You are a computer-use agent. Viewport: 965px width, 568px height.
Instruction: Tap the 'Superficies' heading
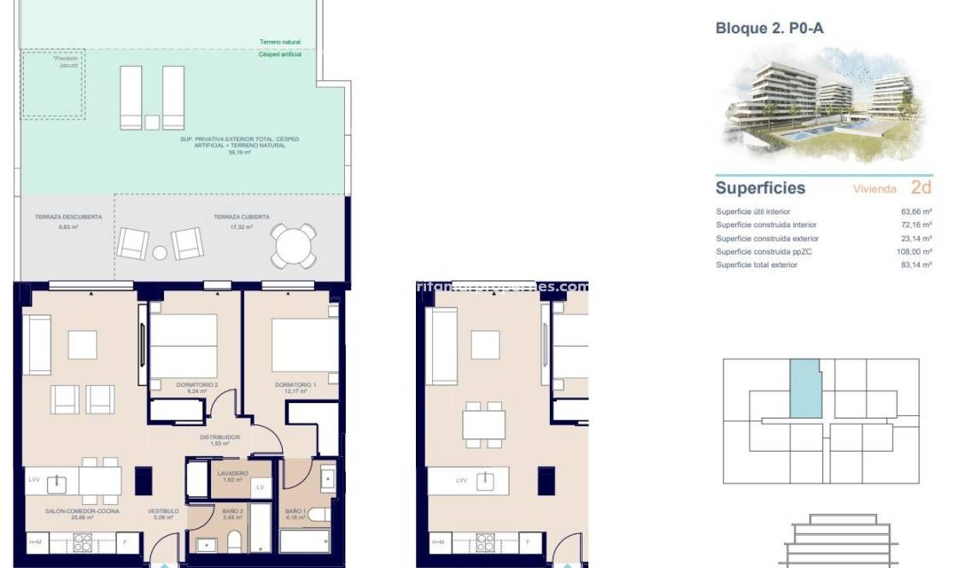(760, 188)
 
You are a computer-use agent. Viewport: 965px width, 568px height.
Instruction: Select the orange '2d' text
(921, 187)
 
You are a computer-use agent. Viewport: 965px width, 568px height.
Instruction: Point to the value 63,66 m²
(915, 212)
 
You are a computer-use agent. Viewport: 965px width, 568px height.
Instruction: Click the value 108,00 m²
(915, 252)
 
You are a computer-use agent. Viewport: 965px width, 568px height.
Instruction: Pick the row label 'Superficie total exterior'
(757, 265)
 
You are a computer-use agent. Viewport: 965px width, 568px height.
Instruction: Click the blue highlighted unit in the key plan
(804, 389)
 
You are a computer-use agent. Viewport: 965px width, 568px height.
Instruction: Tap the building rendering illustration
(823, 104)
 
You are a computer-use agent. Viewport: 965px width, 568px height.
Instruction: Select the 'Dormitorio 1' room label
(295, 384)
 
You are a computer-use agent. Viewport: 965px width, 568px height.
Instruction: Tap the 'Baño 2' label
(210, 512)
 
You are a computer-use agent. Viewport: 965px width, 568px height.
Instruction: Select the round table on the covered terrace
(293, 246)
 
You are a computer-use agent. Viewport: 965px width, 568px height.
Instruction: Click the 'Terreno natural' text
(280, 42)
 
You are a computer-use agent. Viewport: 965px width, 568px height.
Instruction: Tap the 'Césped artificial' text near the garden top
(280, 55)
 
